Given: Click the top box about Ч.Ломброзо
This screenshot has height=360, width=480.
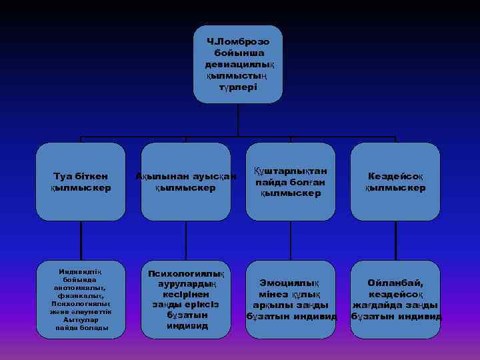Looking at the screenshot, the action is coord(238,64).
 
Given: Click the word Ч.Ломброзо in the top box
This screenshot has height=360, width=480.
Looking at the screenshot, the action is coord(238,41).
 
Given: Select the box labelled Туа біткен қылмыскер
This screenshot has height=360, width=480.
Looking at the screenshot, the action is coord(81,181).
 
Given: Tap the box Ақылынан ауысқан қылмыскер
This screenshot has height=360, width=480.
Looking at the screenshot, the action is coord(185,181).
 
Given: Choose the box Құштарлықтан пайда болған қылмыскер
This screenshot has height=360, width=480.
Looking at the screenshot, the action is coord(291,181).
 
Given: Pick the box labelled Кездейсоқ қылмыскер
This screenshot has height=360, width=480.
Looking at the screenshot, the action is coord(395,181).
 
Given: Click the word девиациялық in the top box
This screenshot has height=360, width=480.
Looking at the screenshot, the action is coord(239,65).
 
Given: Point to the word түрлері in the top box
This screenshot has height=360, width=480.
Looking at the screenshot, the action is coord(239,87).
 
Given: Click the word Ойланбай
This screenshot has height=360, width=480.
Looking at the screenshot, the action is coord(396,283).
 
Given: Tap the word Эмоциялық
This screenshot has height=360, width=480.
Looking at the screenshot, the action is coord(291,283).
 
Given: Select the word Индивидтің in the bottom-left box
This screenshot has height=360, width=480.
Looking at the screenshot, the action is coord(81,271).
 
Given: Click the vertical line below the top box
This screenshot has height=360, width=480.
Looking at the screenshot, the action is coord(238,120).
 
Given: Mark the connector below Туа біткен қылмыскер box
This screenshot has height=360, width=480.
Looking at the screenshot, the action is coord(81,238).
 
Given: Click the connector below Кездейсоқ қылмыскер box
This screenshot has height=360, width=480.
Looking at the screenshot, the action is coord(395,238).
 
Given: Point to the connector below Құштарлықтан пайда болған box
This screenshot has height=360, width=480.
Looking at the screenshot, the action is coord(291,238).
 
